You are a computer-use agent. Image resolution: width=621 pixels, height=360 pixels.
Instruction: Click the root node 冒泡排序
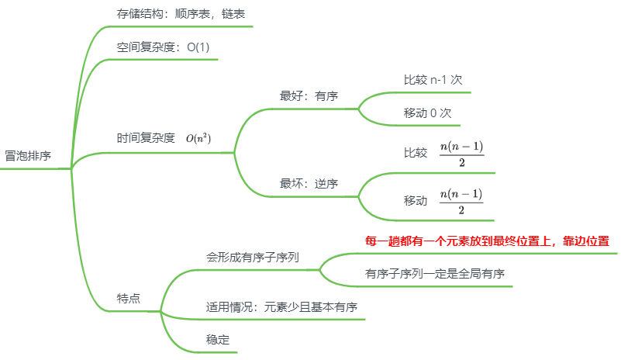[28, 155]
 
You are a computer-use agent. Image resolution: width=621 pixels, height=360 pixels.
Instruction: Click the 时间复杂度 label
[146, 138]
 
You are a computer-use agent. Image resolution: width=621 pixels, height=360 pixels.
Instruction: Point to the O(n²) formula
[198, 138]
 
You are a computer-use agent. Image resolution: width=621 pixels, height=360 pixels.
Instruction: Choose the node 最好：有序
[308, 96]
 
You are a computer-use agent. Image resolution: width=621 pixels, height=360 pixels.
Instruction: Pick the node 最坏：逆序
[308, 184]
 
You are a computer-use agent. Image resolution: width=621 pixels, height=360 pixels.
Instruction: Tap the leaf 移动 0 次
[427, 112]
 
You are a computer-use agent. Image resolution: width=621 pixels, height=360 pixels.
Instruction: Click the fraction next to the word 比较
[461, 154]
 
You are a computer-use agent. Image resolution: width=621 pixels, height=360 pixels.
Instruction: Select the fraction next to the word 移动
[461, 201]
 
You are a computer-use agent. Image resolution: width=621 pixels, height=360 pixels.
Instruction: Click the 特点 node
[129, 299]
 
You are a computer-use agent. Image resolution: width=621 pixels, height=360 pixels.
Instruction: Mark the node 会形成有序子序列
[253, 257]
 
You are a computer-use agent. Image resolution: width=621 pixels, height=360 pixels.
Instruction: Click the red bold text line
[487, 241]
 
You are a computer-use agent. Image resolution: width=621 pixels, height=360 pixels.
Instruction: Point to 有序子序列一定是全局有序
[435, 274]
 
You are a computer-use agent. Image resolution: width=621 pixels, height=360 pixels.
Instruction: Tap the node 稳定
[218, 339]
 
